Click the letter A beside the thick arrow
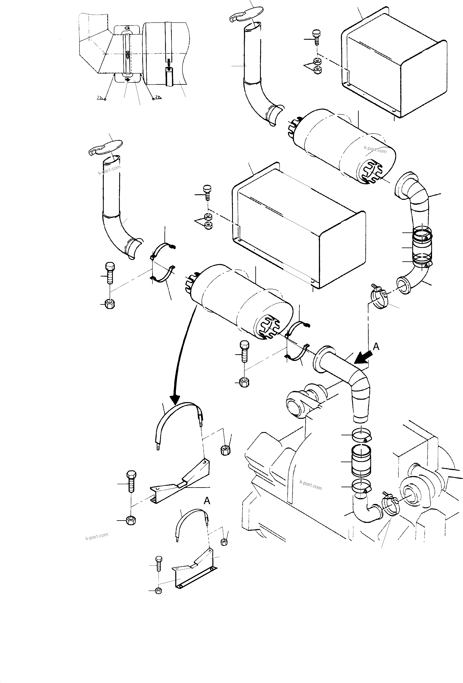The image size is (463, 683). tap(376, 347)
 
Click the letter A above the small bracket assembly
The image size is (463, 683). tap(207, 501)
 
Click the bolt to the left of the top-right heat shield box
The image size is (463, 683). tap(317, 37)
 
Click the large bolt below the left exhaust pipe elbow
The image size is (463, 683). tap(110, 273)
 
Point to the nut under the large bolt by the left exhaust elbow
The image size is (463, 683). tap(110, 304)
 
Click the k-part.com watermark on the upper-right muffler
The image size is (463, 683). tap(375, 149)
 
